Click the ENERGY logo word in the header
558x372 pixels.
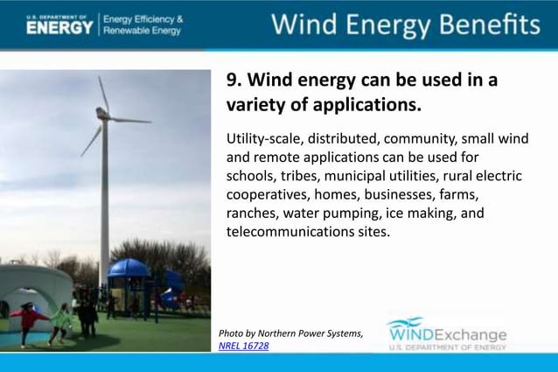point(59,27)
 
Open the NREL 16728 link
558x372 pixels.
point(243,347)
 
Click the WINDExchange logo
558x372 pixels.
point(447,335)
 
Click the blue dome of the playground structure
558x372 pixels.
point(128,268)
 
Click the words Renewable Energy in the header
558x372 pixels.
point(143,31)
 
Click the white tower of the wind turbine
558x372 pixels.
point(104,201)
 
